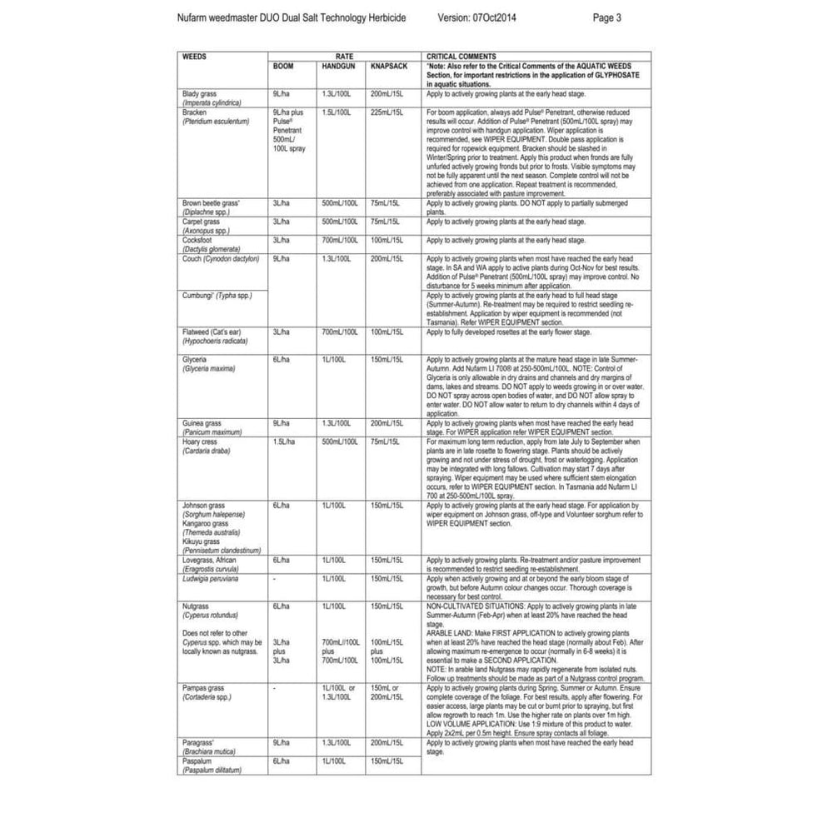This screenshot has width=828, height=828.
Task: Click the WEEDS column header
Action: click(x=194, y=56)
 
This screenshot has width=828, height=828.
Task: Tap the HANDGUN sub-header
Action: click(x=337, y=65)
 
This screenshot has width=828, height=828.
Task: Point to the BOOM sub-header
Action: click(x=283, y=65)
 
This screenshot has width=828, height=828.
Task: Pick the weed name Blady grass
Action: click(x=199, y=94)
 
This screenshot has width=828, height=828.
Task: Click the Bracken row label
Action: click(x=194, y=111)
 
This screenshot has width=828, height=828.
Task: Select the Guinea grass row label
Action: click(x=200, y=423)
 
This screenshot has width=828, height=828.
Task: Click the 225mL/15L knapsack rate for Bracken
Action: click(x=386, y=111)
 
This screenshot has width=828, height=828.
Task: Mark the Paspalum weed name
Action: click(x=197, y=760)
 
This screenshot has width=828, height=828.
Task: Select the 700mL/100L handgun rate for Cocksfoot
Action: click(x=339, y=239)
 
